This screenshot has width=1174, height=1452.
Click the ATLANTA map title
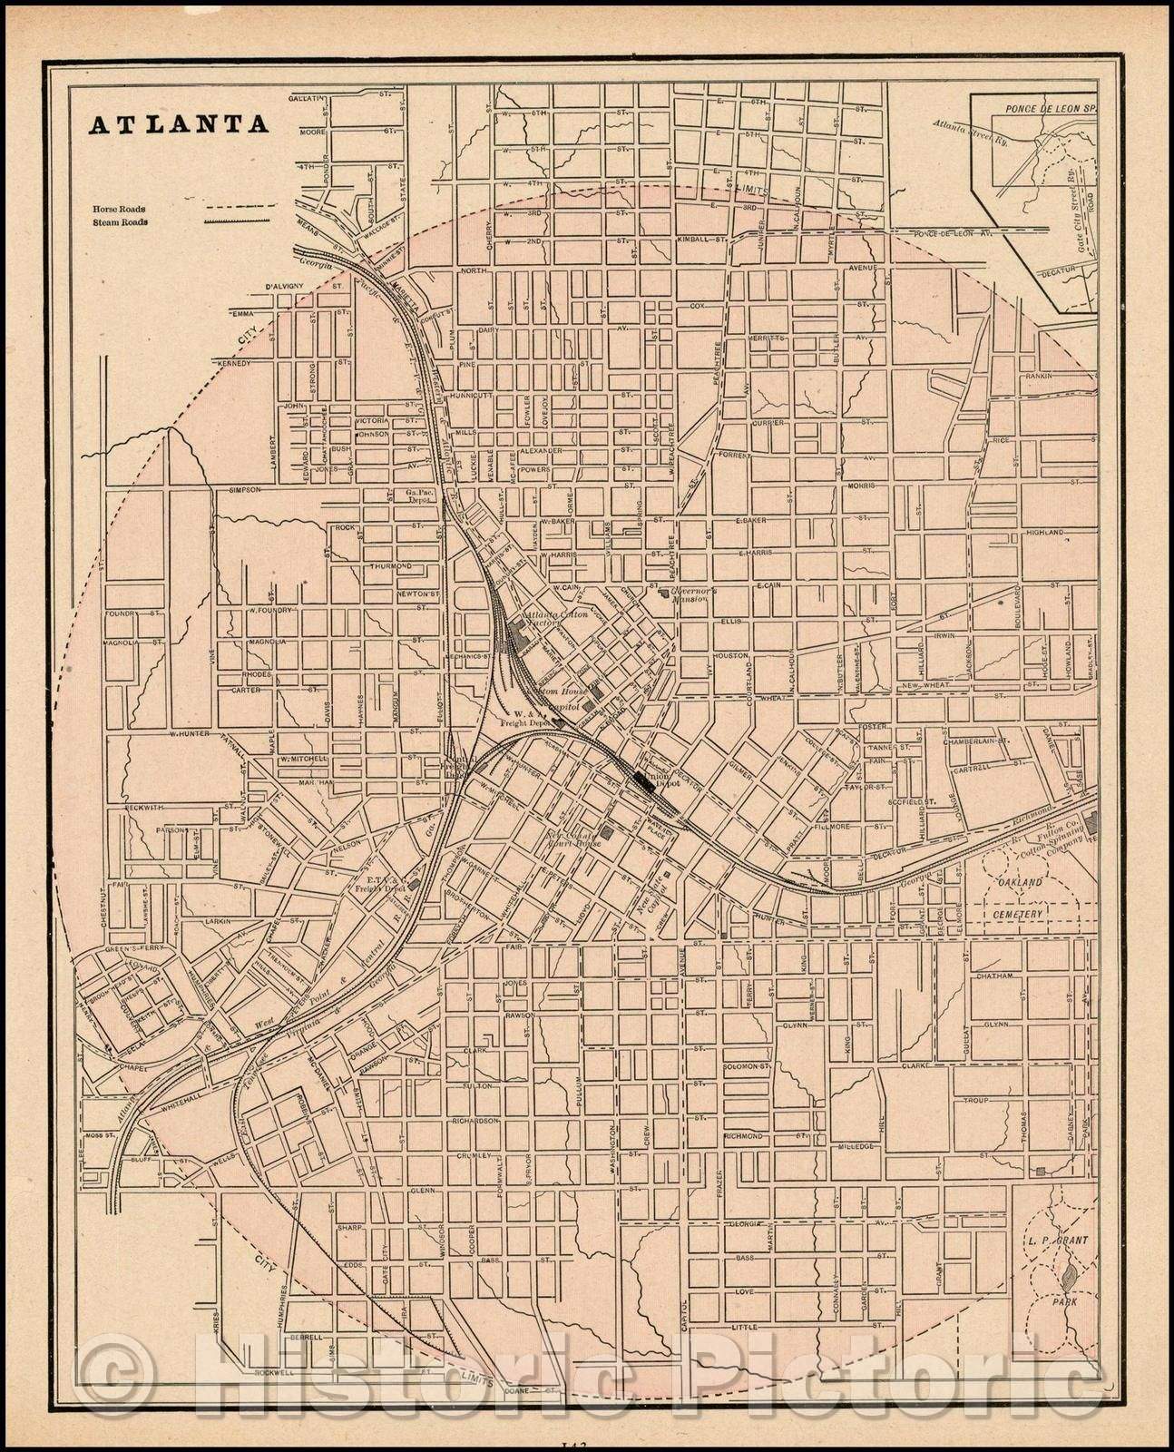(178, 124)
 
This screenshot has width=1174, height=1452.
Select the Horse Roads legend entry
(119, 209)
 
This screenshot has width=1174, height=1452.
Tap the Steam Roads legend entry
(119, 221)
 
